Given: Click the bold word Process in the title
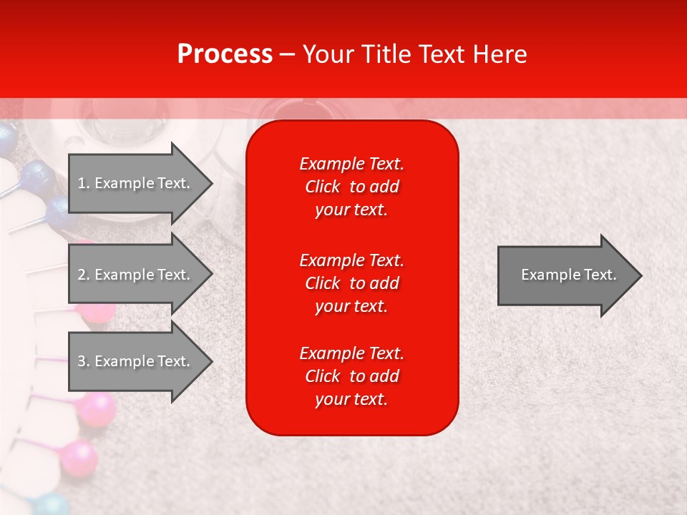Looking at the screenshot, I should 225,54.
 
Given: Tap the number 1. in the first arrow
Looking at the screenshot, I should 84,183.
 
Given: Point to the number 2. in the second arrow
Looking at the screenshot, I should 84,275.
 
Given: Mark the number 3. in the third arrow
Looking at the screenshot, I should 84,361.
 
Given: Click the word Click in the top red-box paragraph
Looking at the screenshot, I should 322,187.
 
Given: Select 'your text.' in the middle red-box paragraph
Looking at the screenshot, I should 351,306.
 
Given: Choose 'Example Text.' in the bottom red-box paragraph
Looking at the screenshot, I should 351,353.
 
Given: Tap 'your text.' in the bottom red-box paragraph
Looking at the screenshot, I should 351,400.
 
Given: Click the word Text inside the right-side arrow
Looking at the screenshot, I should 600,275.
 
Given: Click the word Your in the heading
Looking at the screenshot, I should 326,54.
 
